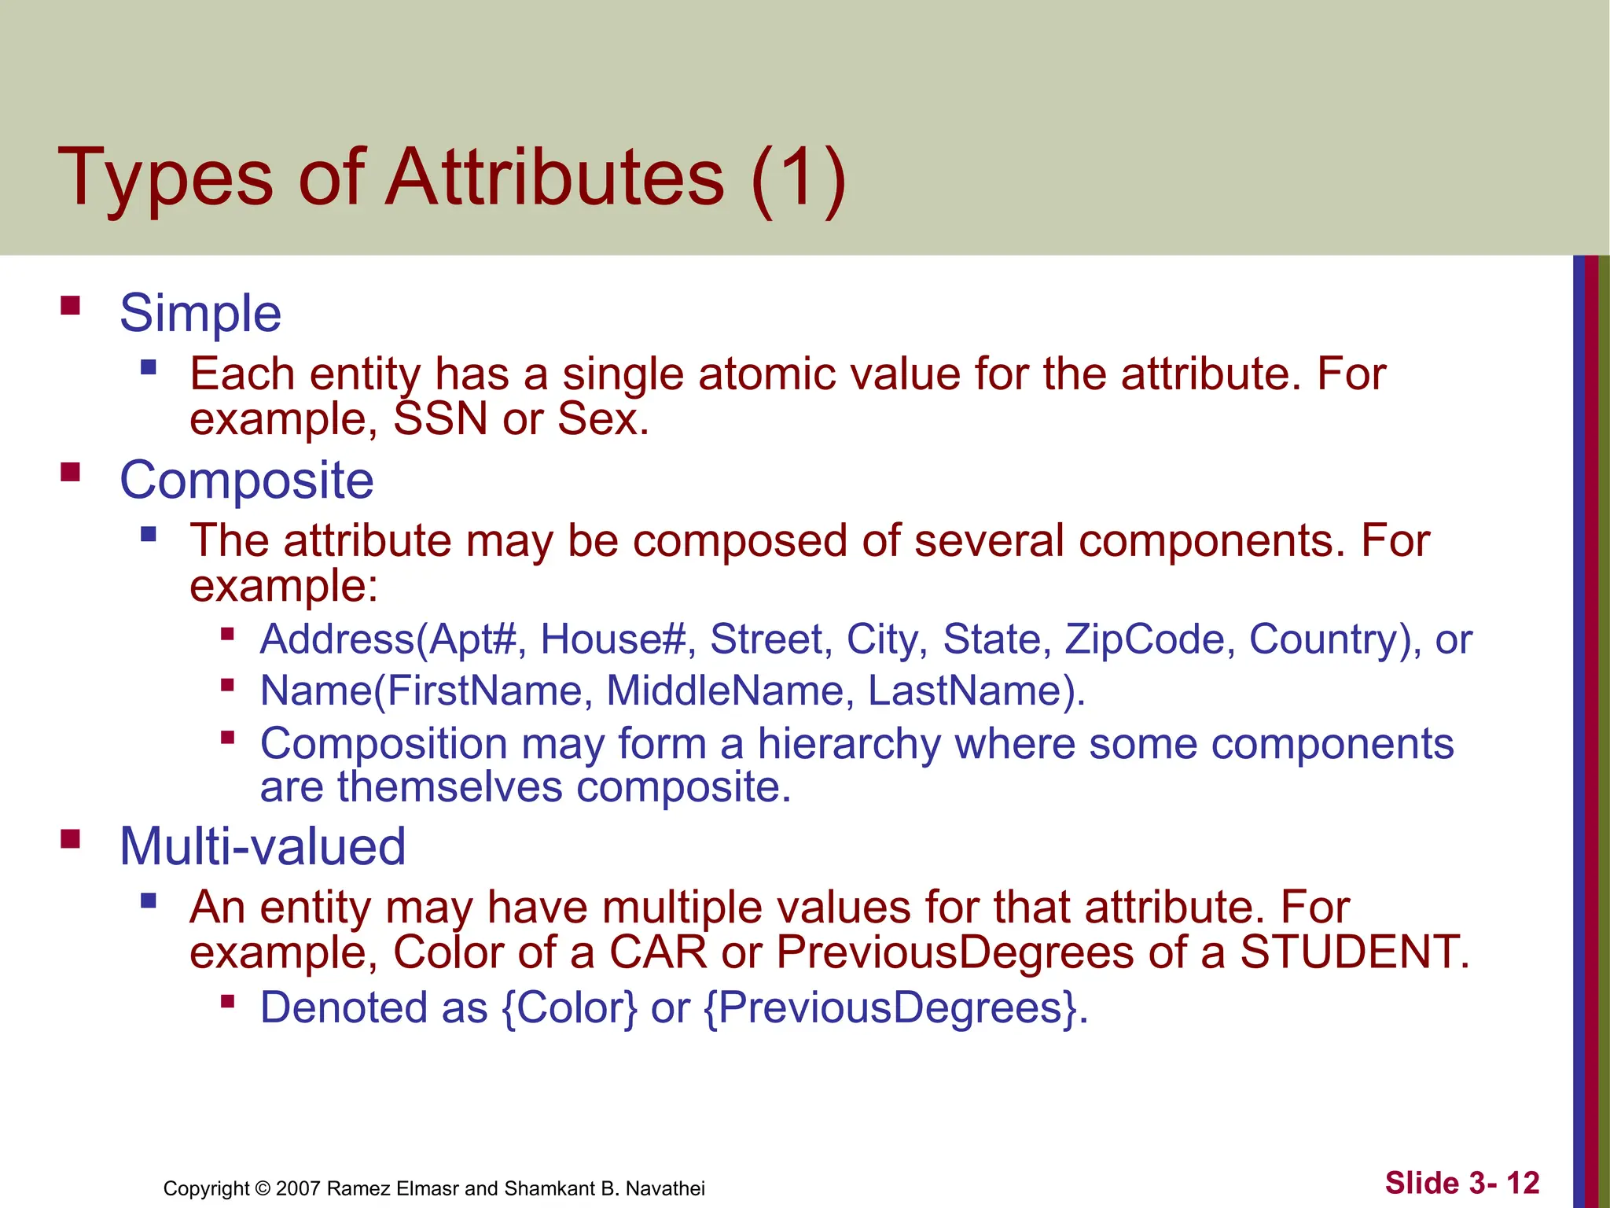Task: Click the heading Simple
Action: coord(200,313)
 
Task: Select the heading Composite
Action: coord(246,480)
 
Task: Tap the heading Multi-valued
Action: coord(263,847)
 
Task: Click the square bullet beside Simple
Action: coord(71,305)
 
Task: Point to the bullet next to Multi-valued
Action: coord(71,839)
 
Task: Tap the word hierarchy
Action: coord(849,744)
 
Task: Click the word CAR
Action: coord(658,952)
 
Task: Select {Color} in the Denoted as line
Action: coord(569,1007)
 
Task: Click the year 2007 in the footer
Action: coord(298,1188)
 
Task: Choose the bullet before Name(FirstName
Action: coord(228,685)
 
